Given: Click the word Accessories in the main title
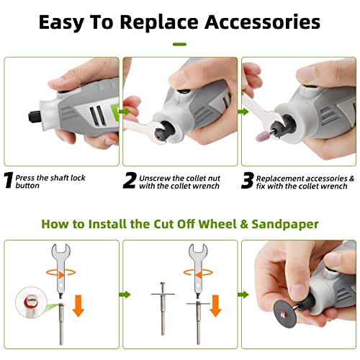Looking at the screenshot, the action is point(262,22).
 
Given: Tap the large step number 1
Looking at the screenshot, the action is point(9,180).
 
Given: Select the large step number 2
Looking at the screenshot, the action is point(130,180).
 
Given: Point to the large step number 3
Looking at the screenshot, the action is point(248,180).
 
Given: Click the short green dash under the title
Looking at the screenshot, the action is point(179,44).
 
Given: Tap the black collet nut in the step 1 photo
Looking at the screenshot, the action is point(35,117).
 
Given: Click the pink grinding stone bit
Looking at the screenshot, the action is point(262,136).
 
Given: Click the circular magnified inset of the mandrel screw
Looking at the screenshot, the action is point(31,302).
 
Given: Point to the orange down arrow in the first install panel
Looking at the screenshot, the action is point(78,306).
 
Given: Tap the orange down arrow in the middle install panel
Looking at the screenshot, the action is point(215,306).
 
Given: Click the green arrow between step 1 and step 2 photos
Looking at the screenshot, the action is point(125,112).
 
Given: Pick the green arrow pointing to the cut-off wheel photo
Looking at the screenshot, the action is point(243,294).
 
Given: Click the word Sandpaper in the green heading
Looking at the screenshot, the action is point(285,225).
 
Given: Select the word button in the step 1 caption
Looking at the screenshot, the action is point(27,186).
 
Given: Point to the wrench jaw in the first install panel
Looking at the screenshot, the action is point(60,251).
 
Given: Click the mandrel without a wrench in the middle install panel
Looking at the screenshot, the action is point(163,309).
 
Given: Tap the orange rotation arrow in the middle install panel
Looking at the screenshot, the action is point(198,273).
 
